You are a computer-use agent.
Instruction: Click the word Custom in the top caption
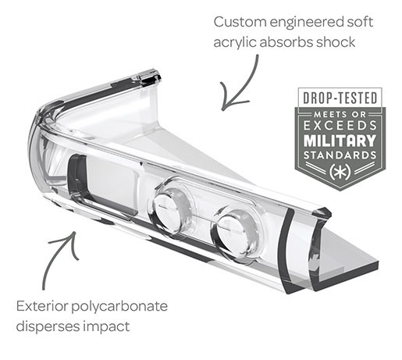pos(240,22)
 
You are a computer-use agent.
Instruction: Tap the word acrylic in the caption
pos(234,43)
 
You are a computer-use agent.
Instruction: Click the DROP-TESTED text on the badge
pos(340,98)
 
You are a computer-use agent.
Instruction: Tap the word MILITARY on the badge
pos(340,141)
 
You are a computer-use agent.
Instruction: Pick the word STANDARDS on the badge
pos(340,155)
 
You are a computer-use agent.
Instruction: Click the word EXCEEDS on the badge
pos(340,126)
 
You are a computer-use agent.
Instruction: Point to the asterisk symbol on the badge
pos(340,172)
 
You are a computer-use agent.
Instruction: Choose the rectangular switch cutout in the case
pos(104,184)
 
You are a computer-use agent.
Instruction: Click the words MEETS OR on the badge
pos(340,114)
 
